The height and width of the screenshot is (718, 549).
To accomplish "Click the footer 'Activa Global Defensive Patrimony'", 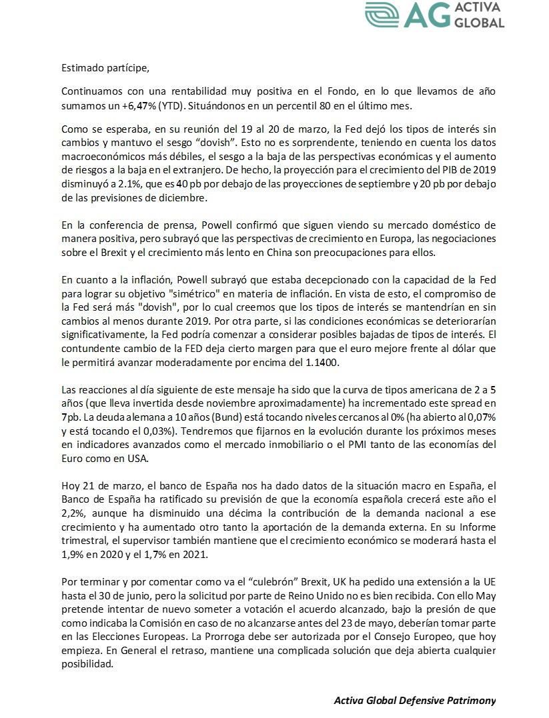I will tap(415, 701).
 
